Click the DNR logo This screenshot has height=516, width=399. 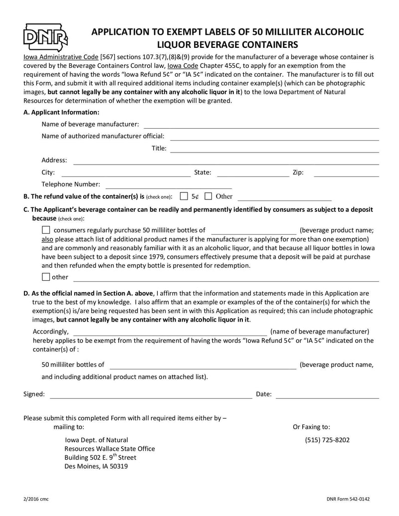tap(45, 37)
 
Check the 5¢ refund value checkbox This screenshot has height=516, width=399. tap(184, 196)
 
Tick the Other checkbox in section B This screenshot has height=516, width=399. tap(208, 196)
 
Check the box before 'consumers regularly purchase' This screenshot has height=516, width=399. tap(46, 230)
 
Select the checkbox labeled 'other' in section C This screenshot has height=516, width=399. tap(46, 277)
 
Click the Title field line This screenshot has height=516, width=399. tap(275, 151)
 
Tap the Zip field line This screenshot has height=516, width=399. tap(346, 175)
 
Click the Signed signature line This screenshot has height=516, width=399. tap(151, 397)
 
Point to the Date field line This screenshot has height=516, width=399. tap(327, 397)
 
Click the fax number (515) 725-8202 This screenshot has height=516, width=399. tap(327, 440)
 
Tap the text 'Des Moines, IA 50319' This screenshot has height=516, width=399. tap(96, 467)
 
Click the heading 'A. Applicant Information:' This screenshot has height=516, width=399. tap(61, 112)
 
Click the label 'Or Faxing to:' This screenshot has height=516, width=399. tap(311, 427)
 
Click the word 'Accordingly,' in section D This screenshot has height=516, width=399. tap(50, 332)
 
